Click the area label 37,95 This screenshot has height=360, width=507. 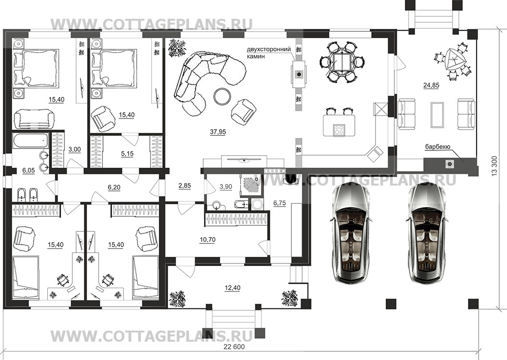click(218, 132)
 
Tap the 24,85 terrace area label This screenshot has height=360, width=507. click(431, 85)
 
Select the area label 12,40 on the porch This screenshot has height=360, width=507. click(232, 288)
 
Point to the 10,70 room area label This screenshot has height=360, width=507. click(207, 240)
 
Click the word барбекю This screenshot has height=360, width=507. click(438, 147)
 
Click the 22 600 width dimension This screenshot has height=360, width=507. click(234, 347)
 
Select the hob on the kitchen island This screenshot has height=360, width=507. click(339, 130)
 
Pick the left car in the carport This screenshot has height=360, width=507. click(351, 233)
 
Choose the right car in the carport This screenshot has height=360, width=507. click(428, 233)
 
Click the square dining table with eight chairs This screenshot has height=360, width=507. click(342, 61)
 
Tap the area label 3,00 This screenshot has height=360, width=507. click(75, 149)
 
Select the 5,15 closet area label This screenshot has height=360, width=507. click(127, 154)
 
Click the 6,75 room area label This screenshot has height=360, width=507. click(280, 203)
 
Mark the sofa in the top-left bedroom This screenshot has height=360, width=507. click(35, 119)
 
